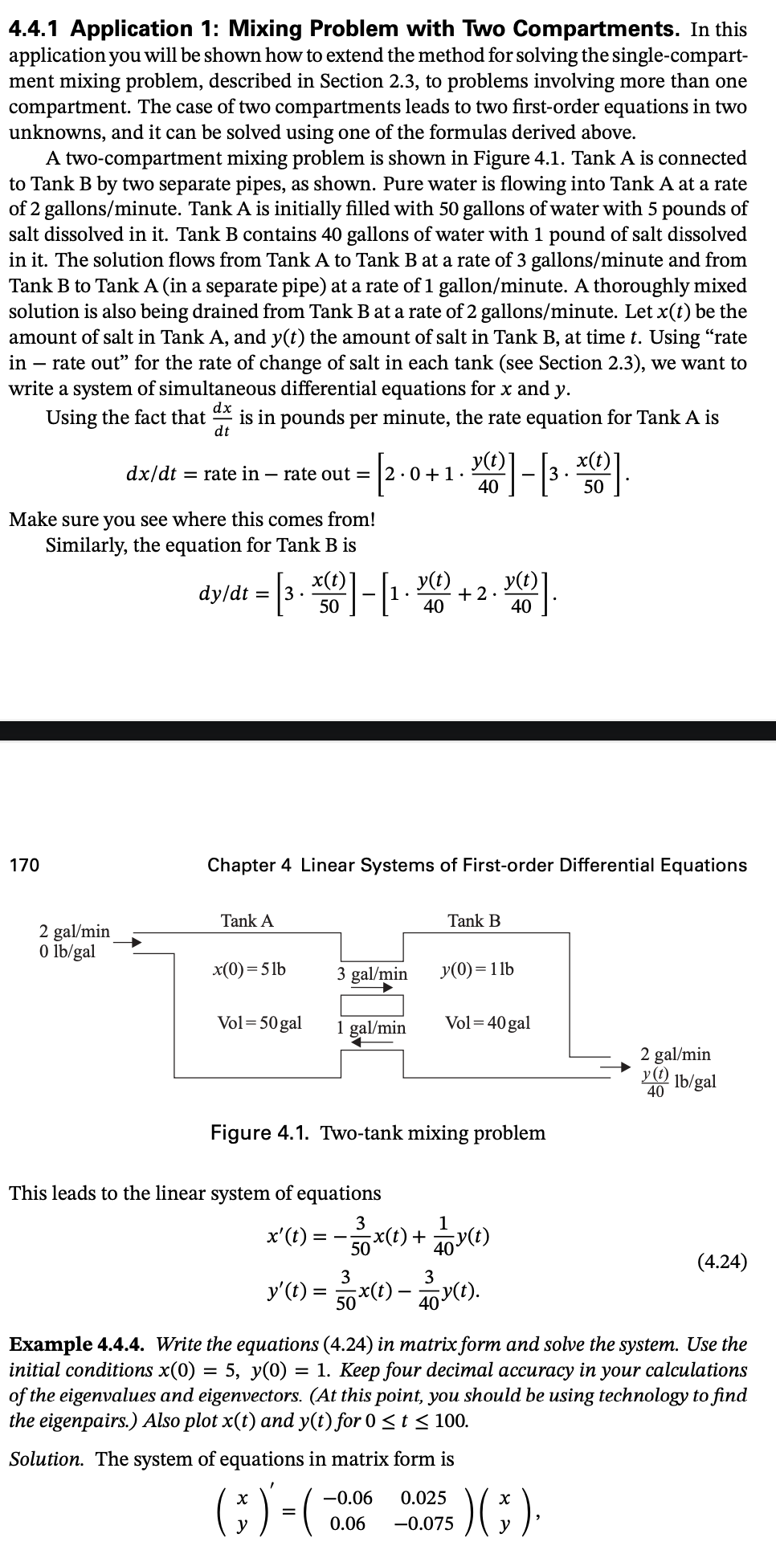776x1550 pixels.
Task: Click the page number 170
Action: click(24, 865)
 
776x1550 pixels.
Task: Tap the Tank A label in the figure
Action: click(247, 921)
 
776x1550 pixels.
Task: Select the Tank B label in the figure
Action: click(474, 921)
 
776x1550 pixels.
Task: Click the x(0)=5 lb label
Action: click(248, 969)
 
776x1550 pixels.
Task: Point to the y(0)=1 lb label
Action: click(478, 969)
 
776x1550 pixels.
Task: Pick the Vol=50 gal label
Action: click(259, 1023)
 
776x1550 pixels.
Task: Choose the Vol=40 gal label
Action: click(488, 1023)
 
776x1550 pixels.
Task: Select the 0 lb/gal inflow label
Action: click(67, 952)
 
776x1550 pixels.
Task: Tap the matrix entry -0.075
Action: click(424, 1523)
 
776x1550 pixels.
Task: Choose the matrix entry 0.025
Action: click(423, 1498)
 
